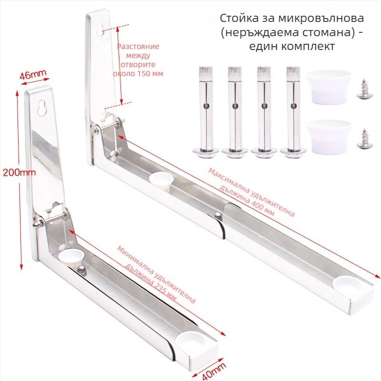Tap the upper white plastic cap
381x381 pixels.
328,87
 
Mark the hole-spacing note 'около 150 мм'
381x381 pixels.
138,74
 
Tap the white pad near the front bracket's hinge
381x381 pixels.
70,255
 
